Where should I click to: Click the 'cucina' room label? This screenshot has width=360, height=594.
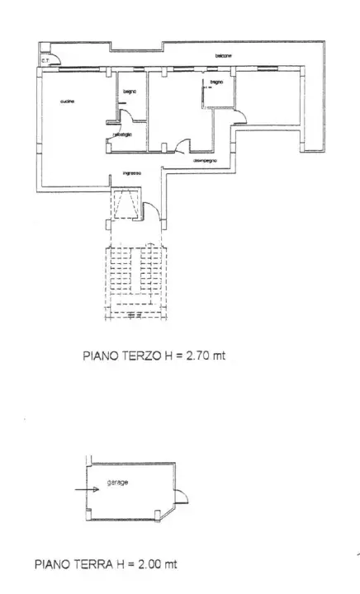click(68, 101)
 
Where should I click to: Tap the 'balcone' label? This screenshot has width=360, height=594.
click(224, 56)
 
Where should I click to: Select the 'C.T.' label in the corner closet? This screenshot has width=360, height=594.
click(45, 60)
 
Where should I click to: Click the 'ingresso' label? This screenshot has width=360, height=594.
click(132, 173)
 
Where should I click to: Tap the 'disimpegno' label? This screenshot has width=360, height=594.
click(205, 161)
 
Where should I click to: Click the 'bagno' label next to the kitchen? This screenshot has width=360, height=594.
click(130, 91)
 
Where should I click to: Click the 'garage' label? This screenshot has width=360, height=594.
click(116, 482)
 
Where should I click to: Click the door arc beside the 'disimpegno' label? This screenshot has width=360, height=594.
click(178, 147)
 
